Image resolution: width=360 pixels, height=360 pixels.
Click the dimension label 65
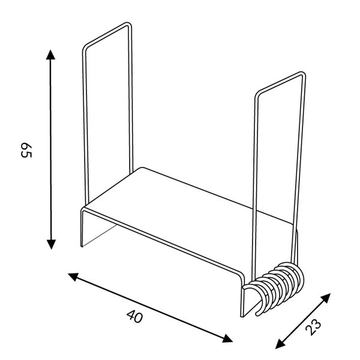coord(26,150)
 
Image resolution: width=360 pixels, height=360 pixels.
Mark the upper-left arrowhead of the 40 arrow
coord(73,276)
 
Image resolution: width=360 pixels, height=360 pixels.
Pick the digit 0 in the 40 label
coord(140,319)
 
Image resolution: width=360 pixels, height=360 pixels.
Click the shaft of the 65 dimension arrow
coord(51,150)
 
